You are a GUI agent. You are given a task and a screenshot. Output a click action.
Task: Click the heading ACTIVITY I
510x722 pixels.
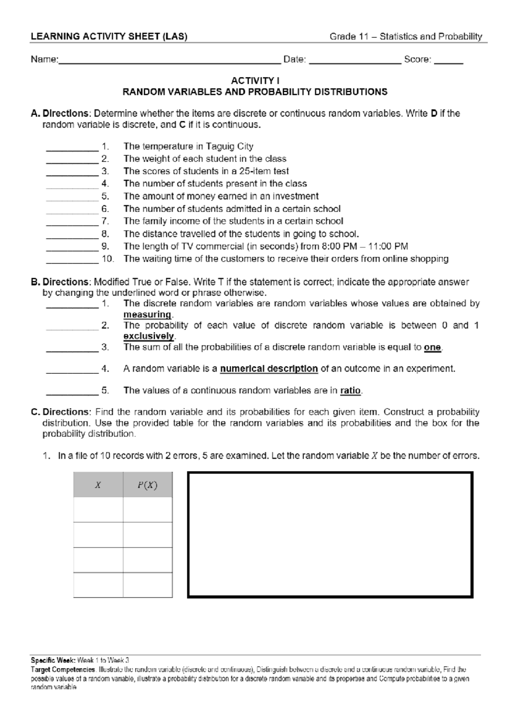[255, 80]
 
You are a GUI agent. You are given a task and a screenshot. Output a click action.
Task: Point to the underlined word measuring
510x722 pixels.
[147, 315]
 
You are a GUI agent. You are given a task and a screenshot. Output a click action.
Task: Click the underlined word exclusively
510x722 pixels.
[149, 336]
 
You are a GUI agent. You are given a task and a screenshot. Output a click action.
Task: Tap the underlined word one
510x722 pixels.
[432, 347]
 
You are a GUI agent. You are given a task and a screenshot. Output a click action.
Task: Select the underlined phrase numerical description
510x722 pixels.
[269, 369]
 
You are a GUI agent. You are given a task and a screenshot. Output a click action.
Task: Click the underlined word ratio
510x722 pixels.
[350, 390]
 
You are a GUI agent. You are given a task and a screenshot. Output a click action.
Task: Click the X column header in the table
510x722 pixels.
[98, 485]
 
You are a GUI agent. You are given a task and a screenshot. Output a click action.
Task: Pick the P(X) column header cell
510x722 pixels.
[147, 485]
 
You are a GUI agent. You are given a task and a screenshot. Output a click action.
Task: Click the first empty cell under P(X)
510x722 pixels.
[147, 509]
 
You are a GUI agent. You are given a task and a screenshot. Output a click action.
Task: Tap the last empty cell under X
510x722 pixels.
[98, 585]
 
